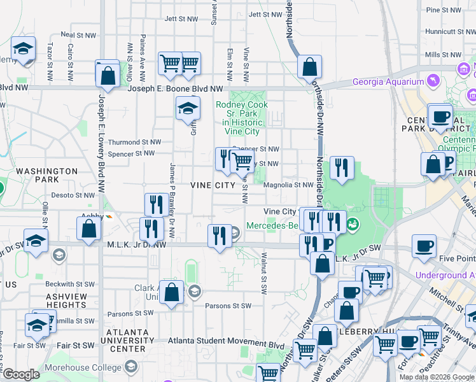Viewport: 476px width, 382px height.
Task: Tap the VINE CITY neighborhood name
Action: (x=213, y=185)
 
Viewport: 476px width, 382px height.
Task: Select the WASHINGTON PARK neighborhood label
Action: (x=46, y=176)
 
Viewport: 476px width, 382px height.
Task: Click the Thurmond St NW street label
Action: (x=134, y=142)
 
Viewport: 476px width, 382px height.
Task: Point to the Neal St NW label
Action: (x=77, y=34)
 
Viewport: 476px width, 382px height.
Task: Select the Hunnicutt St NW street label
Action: (x=447, y=31)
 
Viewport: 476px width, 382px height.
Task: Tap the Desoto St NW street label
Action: (x=73, y=195)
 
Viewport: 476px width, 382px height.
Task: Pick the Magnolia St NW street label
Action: (x=290, y=185)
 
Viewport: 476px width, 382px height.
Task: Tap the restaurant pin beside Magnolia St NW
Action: (x=342, y=169)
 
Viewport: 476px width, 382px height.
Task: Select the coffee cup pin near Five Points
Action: (x=424, y=246)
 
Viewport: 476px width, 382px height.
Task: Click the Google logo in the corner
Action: (x=21, y=374)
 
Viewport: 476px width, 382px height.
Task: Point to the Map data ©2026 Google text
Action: (x=436, y=377)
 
